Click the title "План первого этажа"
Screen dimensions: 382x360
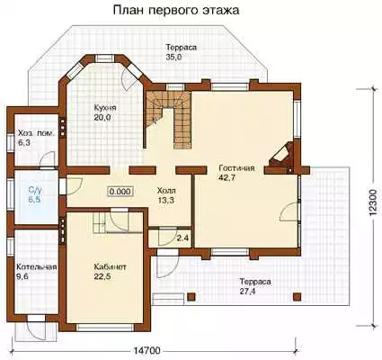[176, 10]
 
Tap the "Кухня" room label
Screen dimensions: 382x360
[105, 107]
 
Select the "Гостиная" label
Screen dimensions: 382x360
[236, 167]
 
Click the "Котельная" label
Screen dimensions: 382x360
[37, 266]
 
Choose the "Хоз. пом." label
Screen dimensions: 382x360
[37, 133]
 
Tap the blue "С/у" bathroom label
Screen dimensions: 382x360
[34, 190]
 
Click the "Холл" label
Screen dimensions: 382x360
[166, 190]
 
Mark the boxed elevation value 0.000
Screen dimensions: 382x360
[120, 192]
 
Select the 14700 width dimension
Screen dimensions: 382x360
[147, 350]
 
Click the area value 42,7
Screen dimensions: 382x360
[227, 177]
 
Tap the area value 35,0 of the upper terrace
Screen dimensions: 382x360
[174, 57]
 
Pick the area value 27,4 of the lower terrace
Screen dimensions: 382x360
[247, 291]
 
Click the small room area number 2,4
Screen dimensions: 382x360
[182, 238]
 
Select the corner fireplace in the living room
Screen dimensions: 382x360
[281, 155]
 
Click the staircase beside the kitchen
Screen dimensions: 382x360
[168, 120]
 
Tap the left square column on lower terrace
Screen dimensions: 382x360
[191, 297]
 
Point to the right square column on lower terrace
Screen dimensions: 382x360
[297, 297]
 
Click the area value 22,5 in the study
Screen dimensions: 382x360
[102, 276]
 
